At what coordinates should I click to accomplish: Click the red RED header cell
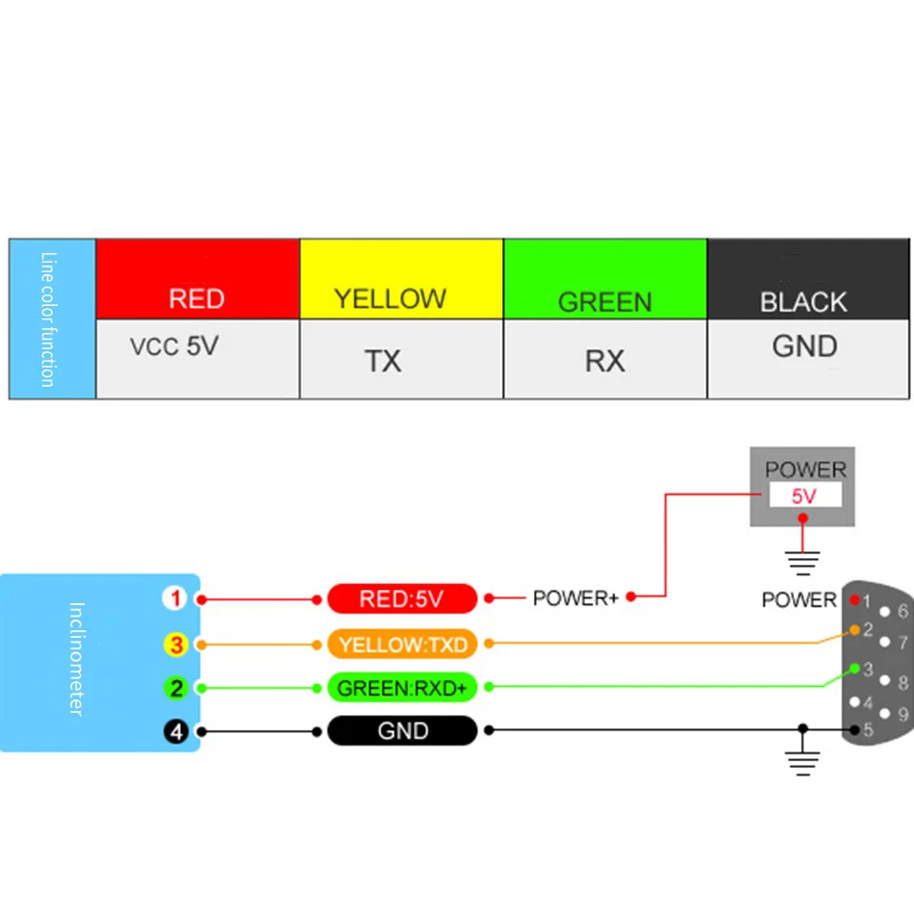pos(197,279)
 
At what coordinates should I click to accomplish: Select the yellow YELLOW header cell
pos(401,279)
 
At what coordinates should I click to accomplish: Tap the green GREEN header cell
pos(605,279)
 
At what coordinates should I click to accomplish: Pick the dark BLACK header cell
pos(807,279)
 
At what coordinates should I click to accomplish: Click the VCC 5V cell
pos(197,358)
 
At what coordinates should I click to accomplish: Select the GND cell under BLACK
pos(807,358)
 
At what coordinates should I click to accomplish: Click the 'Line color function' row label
pos(52,318)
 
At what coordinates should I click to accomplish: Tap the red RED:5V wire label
pos(402,599)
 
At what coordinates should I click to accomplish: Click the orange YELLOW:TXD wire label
pos(402,644)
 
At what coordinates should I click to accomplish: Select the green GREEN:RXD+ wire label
pos(402,687)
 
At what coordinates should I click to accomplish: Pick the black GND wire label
pos(402,730)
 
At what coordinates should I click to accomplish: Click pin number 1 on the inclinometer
pos(175,599)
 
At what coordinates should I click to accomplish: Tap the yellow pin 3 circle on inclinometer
pos(175,644)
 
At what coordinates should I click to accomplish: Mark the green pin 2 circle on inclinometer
pos(175,687)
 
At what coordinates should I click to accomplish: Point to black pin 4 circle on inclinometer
pos(175,731)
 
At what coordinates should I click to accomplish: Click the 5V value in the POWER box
pos(804,496)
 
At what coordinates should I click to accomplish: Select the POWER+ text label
pos(575,598)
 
